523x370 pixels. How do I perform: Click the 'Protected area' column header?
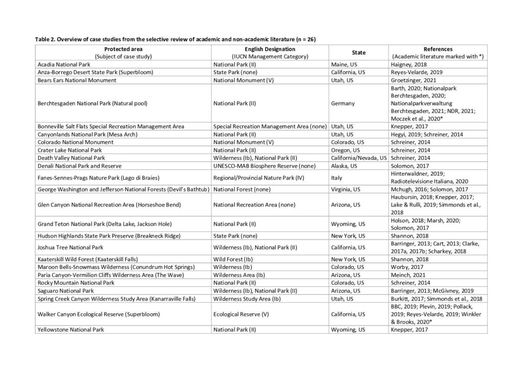123,49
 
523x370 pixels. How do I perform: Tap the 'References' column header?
438,49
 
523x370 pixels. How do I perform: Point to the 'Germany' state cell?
343,104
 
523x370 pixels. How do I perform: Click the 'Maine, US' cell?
346,64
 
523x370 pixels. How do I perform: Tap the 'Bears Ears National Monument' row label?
77,80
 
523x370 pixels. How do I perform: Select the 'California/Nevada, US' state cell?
359,158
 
